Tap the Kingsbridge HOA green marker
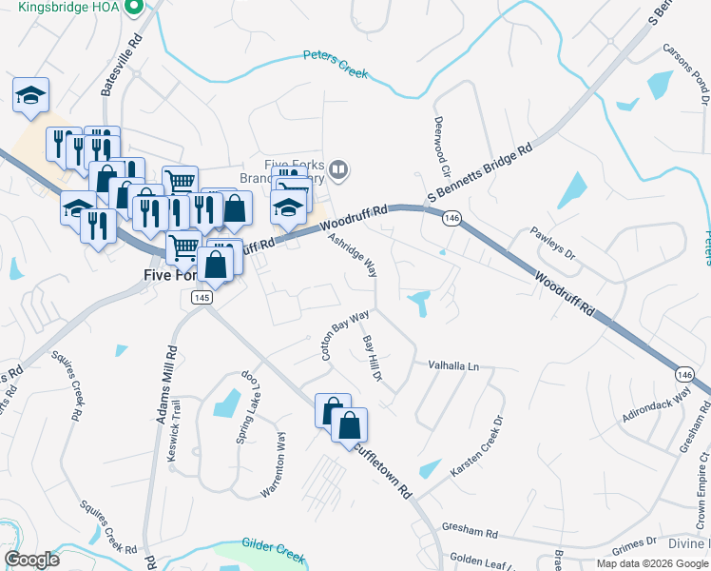pyautogui.click(x=133, y=7)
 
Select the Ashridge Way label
pyautogui.click(x=352, y=256)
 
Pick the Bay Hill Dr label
pyautogui.click(x=372, y=358)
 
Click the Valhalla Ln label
pyautogui.click(x=453, y=364)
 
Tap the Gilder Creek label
pyautogui.click(x=271, y=543)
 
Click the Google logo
pyautogui.click(x=31, y=560)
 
